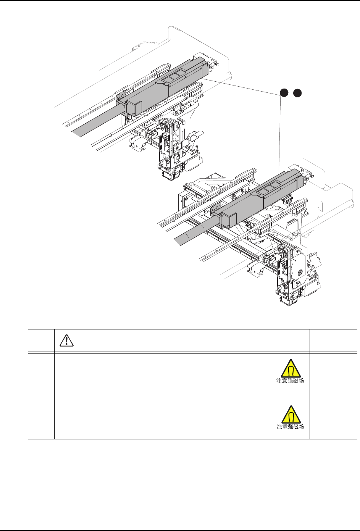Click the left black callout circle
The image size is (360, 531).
click(x=283, y=92)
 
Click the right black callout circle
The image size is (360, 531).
click(x=298, y=92)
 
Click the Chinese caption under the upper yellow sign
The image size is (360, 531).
click(x=290, y=381)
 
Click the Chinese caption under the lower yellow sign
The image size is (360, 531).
click(x=290, y=427)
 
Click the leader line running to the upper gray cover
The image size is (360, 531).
click(x=244, y=86)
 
